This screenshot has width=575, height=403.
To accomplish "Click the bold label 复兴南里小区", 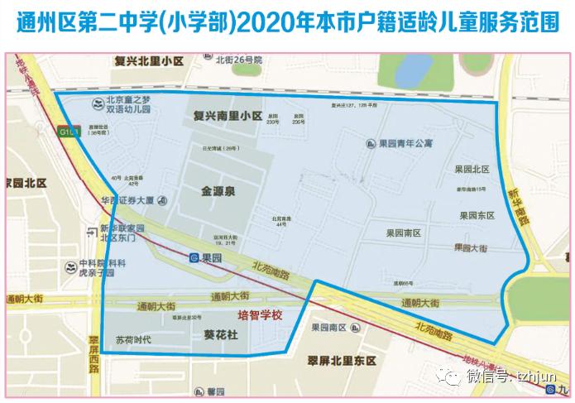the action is pos(227,115).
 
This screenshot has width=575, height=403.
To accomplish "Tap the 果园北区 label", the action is pos(473,170).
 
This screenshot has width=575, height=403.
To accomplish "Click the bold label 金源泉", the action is pos(218,191).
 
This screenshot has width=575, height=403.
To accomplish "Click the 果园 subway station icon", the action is pos(193,258).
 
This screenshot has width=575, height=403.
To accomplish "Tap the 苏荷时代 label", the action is pos(133,339).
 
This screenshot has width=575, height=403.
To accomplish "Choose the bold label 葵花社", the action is pos(220,335).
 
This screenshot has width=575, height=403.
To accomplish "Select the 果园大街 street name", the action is pos(470,247).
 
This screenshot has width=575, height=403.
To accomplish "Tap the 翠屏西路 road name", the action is pos(93,351).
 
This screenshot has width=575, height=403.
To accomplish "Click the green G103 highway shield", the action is pos(68,131).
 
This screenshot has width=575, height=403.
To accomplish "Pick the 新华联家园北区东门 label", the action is pos(122,233).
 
